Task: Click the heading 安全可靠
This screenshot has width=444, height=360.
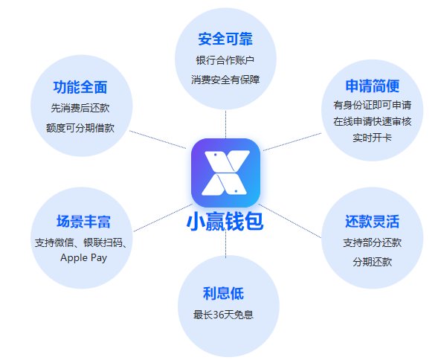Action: pos(225,39)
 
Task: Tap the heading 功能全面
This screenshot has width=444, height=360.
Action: pos(80,87)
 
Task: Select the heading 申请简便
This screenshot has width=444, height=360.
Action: pos(373,86)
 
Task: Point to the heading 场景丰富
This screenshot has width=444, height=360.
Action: pos(83,221)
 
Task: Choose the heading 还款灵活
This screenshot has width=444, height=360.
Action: pos(373,221)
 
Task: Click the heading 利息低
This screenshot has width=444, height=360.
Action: pos(223,293)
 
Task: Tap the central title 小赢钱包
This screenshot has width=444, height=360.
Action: pos(225,222)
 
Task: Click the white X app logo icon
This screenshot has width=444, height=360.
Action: pos(225,173)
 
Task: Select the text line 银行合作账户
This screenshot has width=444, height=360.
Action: pos(225,60)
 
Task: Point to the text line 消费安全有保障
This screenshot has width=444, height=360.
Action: pos(225,80)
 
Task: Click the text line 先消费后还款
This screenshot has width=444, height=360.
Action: pos(80,108)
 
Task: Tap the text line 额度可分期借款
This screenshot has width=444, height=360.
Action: pos(80,128)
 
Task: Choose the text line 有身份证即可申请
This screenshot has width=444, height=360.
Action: pos(373,105)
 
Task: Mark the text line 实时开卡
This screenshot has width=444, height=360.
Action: pos(372,138)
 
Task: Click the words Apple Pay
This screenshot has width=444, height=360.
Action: pos(83,258)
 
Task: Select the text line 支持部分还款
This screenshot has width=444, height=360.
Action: pos(373,242)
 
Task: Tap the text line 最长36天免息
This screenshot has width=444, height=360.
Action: pos(223,315)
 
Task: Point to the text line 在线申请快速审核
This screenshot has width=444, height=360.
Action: pos(373,121)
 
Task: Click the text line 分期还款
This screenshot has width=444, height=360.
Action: pos(373,262)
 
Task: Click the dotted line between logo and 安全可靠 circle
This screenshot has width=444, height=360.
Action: pos(225,124)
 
